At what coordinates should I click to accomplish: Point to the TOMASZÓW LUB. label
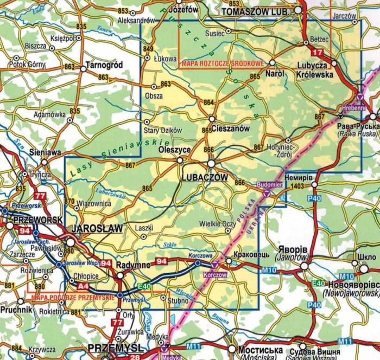258,11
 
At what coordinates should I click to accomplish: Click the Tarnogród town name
105,65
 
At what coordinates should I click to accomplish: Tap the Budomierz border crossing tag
270,184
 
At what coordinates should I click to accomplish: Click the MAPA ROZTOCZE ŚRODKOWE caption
222,63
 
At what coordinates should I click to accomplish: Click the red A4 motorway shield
83,286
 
